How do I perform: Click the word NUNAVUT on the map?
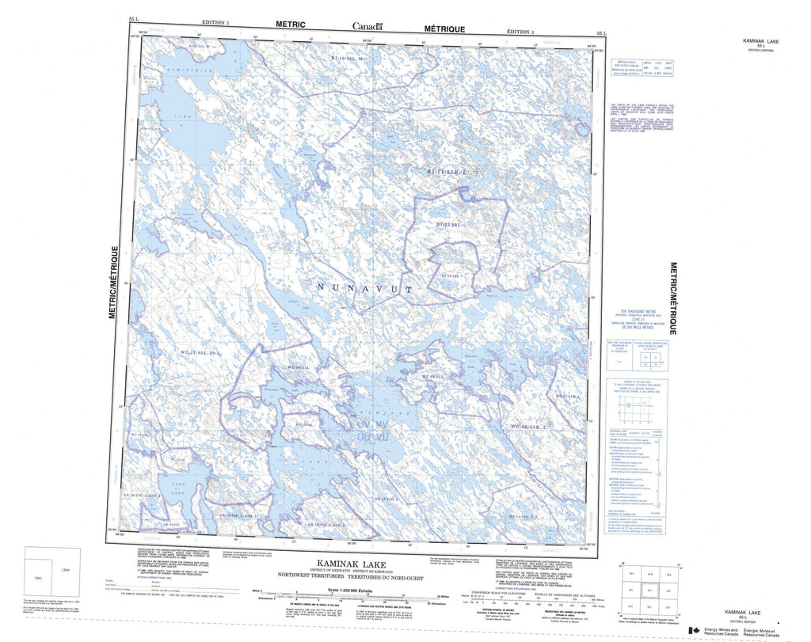[x=365, y=290]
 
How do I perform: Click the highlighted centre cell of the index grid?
[x=649, y=591]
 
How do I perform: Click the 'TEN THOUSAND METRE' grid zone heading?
[x=630, y=311]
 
